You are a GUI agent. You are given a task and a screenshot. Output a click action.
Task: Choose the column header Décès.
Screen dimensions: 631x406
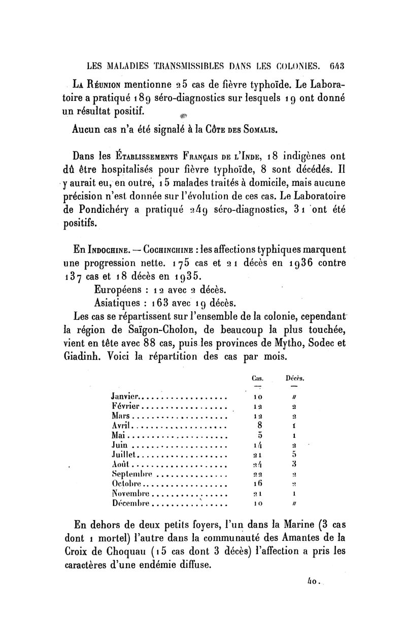click(x=295, y=378)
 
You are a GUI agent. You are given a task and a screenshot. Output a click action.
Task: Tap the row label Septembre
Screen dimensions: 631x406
click(x=131, y=474)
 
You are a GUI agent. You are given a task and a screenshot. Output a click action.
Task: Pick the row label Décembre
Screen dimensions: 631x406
click(x=130, y=503)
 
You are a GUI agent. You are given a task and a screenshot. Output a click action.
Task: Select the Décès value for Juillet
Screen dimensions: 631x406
click(x=294, y=455)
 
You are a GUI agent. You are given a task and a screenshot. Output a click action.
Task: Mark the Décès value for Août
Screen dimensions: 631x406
click(x=294, y=464)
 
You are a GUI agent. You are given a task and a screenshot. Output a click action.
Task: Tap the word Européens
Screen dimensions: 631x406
click(x=120, y=290)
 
